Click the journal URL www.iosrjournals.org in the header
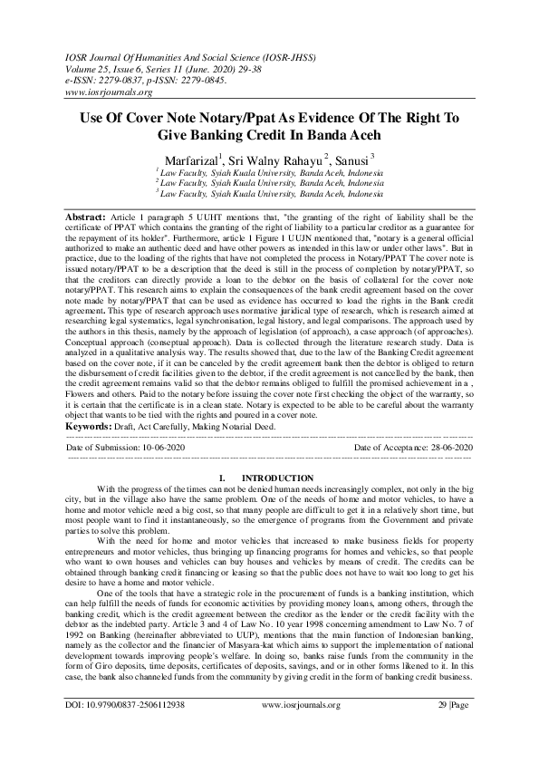(x=108, y=92)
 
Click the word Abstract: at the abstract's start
(x=88, y=218)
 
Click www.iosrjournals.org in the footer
(x=301, y=730)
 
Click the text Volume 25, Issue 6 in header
(x=108, y=68)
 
